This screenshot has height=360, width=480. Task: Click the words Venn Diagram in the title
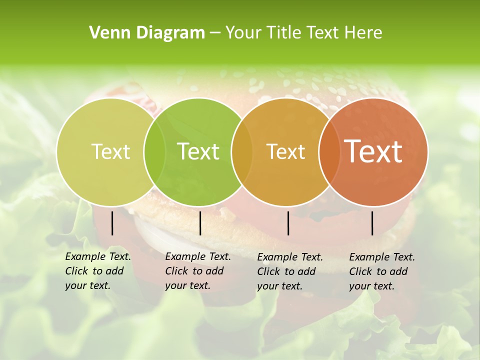tap(147, 33)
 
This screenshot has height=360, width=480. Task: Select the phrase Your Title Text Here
tap(303, 33)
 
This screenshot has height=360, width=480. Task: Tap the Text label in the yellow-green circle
tap(110, 151)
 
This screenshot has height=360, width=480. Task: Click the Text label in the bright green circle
tap(198, 151)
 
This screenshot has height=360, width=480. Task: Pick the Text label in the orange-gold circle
tap(285, 151)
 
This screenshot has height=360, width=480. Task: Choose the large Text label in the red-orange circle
tap(373, 151)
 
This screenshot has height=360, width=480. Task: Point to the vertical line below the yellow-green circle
tap(112, 223)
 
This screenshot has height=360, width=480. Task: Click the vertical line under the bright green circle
tap(200, 223)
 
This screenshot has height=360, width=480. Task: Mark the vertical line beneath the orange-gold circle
tap(288, 223)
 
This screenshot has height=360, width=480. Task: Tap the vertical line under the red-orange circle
tap(372, 223)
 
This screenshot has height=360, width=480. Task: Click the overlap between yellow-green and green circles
tap(154, 151)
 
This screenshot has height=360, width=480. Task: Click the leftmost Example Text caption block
tap(97, 271)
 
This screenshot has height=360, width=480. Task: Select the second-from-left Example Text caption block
tap(197, 271)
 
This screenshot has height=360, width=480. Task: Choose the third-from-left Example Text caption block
tap(289, 271)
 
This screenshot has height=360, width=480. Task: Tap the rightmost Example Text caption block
tap(381, 271)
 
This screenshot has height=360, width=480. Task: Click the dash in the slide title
tap(215, 33)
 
